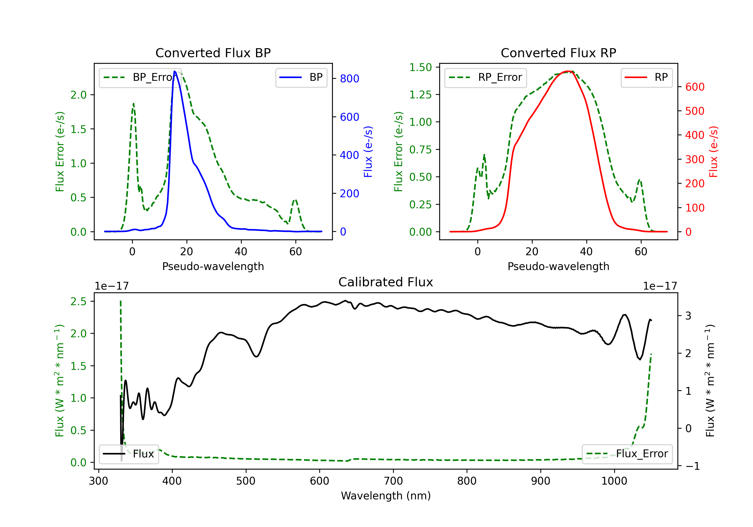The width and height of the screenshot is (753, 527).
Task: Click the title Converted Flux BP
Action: [x=213, y=53]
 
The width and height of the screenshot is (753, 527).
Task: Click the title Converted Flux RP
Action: [x=558, y=53]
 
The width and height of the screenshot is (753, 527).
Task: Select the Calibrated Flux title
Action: [x=386, y=282]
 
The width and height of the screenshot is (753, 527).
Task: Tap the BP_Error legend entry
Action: [x=140, y=77]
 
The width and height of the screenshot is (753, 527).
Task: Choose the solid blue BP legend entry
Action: [x=301, y=77]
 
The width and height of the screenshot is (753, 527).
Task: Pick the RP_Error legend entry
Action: [x=485, y=77]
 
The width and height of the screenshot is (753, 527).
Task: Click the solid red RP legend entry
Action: [x=646, y=77]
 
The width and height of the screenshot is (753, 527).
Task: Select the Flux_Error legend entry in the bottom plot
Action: [x=627, y=454]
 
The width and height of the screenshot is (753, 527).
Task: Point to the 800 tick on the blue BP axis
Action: [x=350, y=78]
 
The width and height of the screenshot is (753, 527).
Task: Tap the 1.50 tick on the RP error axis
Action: [x=420, y=67]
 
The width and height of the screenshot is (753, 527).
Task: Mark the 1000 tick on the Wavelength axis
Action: [x=614, y=481]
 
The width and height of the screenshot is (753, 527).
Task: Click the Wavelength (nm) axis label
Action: [x=386, y=496]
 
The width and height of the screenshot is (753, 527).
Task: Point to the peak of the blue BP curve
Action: [x=174, y=71]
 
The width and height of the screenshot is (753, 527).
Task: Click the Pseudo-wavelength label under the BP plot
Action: [x=213, y=266]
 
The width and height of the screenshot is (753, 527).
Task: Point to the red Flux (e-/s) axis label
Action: [x=714, y=152]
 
